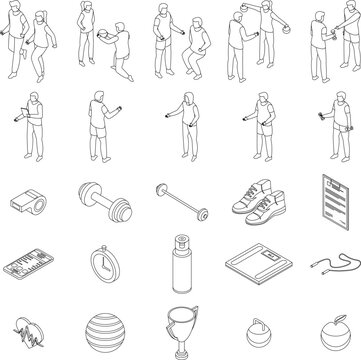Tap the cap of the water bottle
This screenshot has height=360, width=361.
click(x=181, y=239)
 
